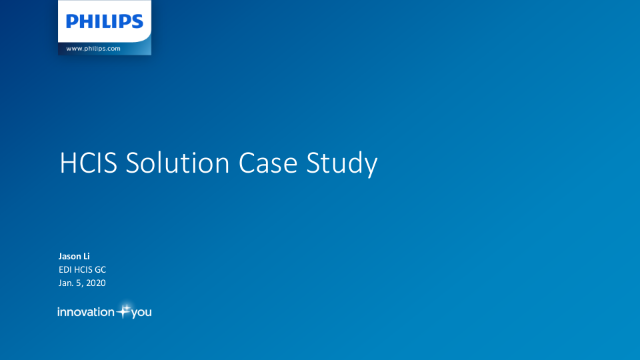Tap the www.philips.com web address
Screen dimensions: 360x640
coord(93,49)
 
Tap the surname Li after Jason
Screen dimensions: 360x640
coord(86,256)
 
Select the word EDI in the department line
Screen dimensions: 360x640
coord(65,269)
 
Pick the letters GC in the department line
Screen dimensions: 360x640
coord(100,269)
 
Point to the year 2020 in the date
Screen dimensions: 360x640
coord(95,283)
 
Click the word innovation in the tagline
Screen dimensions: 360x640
coord(86,312)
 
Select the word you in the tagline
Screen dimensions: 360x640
coord(141,313)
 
